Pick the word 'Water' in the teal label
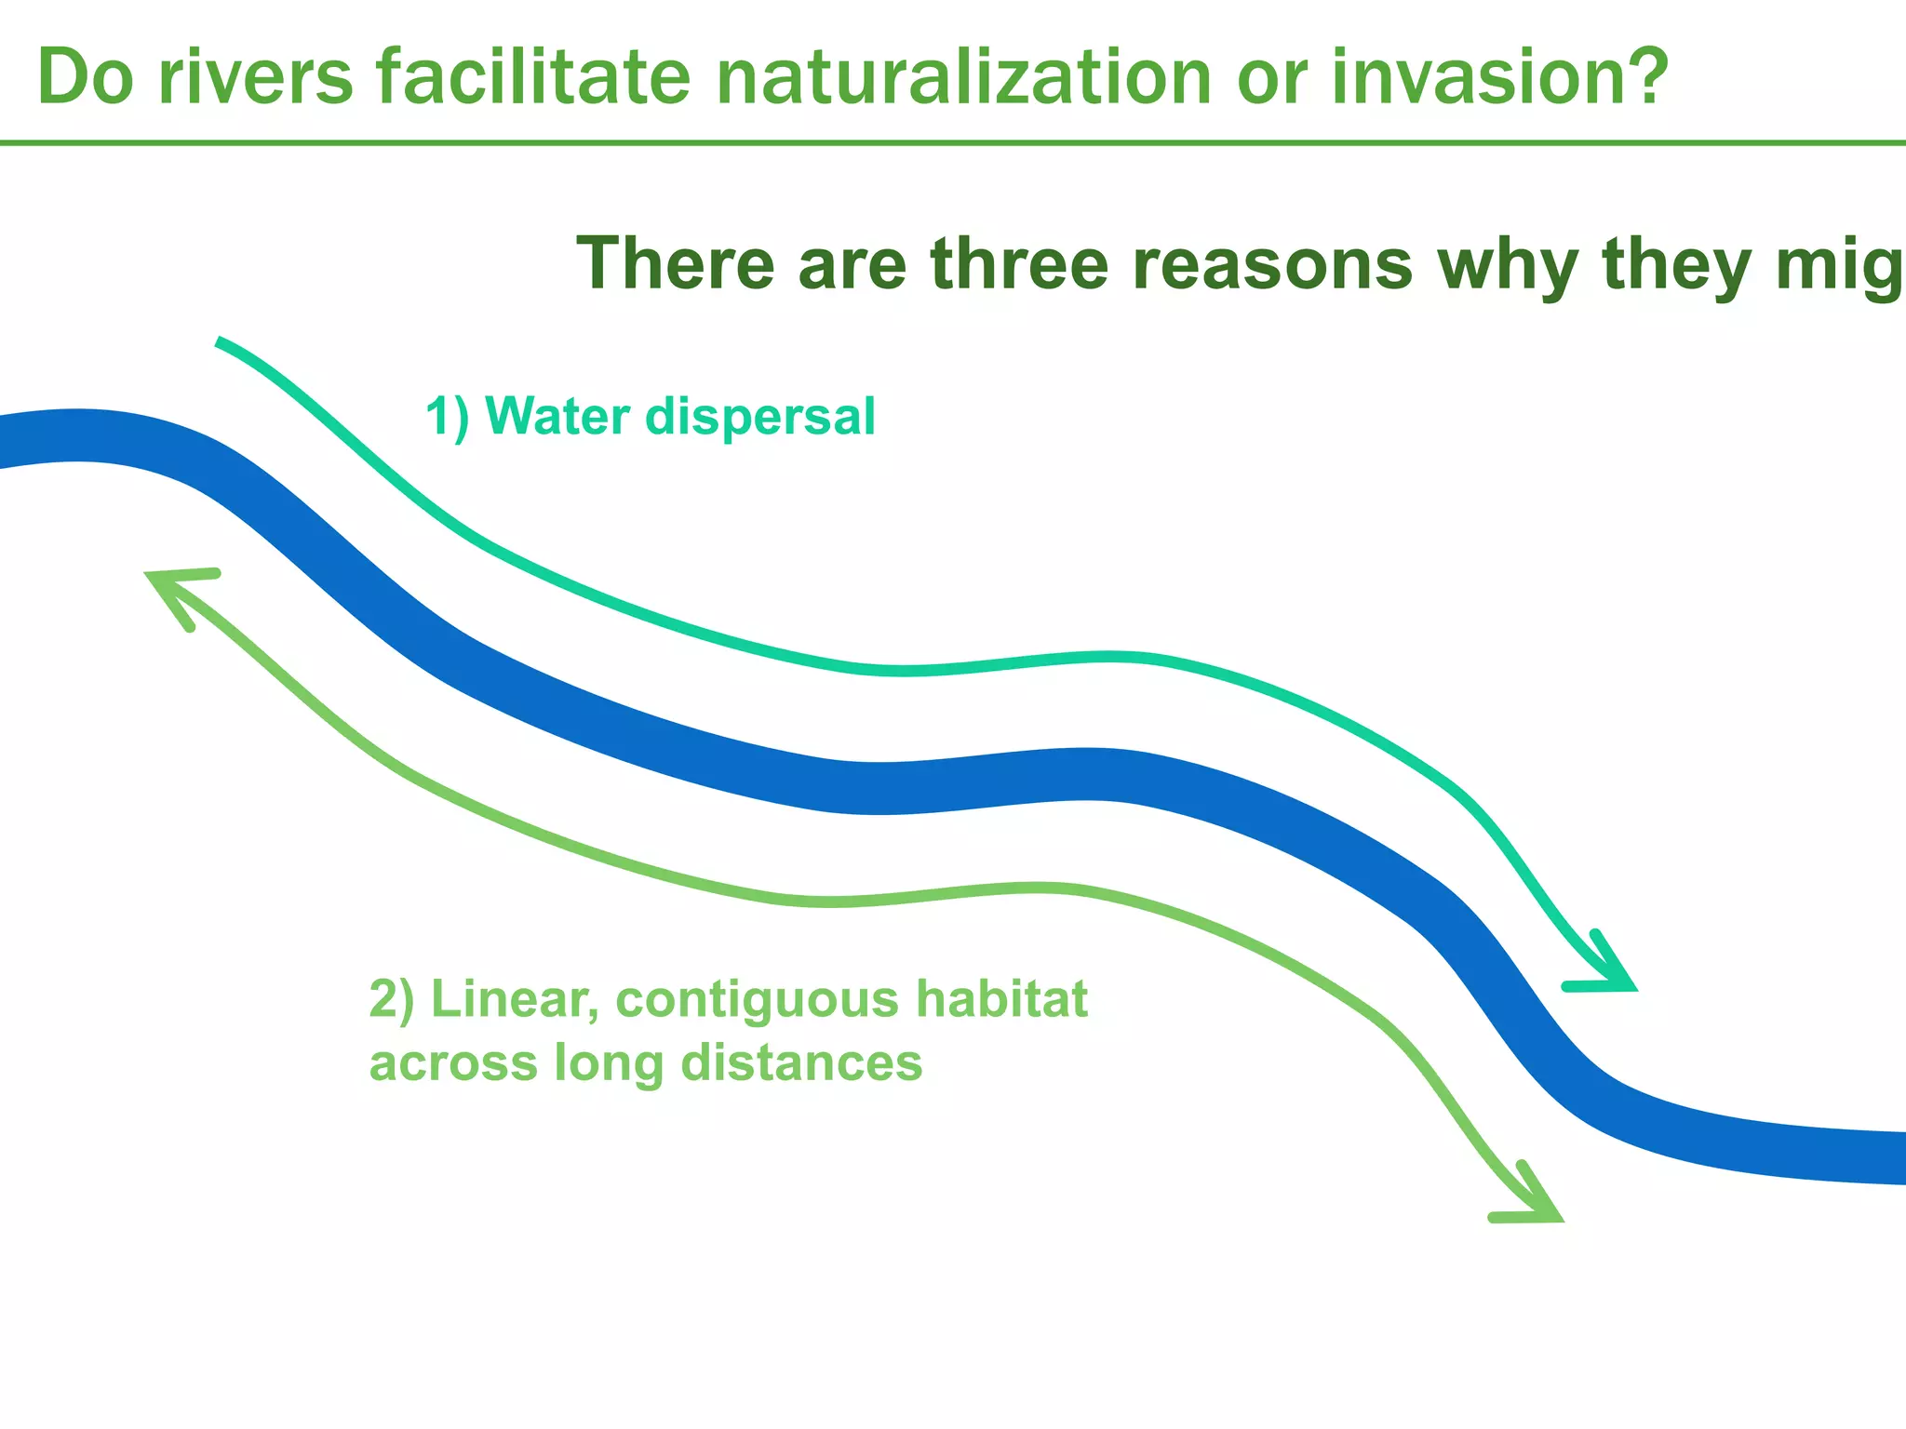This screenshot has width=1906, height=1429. (557, 416)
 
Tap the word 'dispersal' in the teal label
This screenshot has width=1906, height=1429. (760, 418)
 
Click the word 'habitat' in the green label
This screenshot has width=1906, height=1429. (1001, 1000)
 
